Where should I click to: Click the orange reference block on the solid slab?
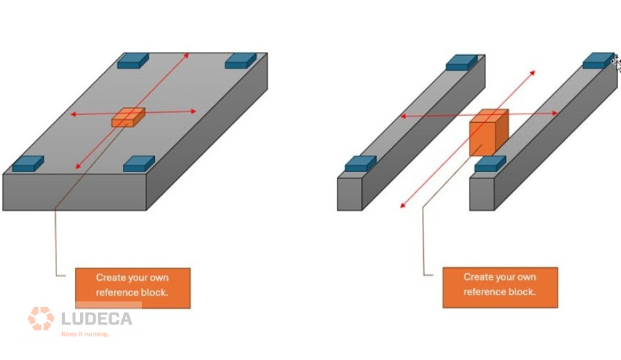pos(128,117)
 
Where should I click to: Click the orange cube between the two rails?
pos(489,132)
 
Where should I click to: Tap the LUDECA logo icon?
pos(41,319)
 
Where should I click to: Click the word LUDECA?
pos(96,319)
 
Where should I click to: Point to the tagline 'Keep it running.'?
pos(85,334)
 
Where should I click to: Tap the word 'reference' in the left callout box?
pos(115,293)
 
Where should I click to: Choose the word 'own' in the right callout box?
pos(526,277)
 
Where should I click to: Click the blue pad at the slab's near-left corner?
pos(28,164)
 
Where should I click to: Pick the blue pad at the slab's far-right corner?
pos(241,61)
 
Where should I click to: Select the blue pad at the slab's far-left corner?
pos(133,60)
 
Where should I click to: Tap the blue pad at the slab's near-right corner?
pos(139,164)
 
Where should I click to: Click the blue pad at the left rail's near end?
pos(360,164)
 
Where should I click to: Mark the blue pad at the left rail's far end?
pos(461,63)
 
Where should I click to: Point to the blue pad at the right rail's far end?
pos(598,61)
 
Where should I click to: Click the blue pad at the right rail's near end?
pos(490,164)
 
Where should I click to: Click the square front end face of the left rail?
pos(349,194)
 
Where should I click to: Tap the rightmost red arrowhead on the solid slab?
pos(193,111)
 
